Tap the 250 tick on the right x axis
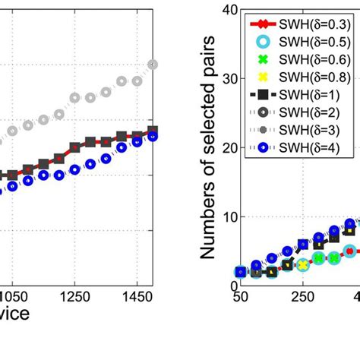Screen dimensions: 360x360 (x=303, y=297)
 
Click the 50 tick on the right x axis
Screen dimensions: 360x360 (x=240, y=297)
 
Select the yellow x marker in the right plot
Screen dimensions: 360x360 (x=303, y=265)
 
